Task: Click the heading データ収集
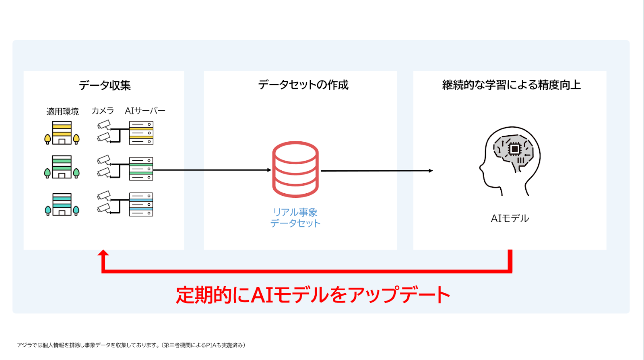105,85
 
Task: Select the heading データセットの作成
303,85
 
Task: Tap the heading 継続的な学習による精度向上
511,85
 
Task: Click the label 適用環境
62,112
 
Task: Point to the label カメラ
103,111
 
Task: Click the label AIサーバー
145,111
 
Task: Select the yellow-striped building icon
62,133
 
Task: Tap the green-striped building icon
62,167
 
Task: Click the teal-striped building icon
62,205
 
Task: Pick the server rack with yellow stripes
141,133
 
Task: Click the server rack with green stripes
141,169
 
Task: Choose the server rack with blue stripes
141,205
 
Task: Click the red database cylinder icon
295,169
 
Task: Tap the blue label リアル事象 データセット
295,218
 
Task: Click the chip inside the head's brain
514,149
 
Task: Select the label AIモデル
510,219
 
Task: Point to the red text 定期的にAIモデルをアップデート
313,295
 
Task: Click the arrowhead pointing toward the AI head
431,171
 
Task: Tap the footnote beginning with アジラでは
131,345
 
